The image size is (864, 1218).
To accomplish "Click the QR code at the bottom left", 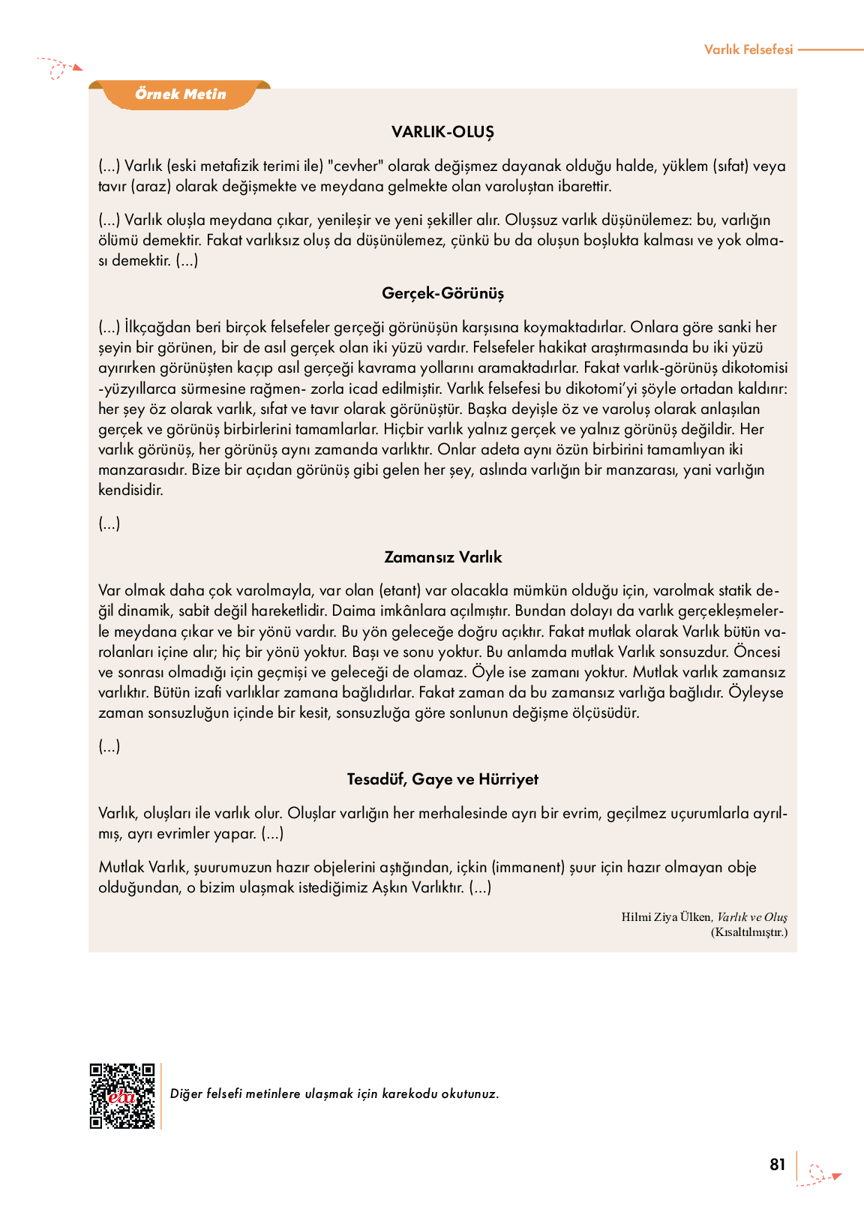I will coord(122,1095).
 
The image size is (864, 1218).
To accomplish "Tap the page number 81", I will coord(777,1165).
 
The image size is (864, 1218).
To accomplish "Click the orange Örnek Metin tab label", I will coord(181,94).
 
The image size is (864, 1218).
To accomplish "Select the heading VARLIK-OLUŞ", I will coord(442,132).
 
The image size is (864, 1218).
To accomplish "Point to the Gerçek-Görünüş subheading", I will coord(442,293).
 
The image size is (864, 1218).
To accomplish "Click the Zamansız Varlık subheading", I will coord(442,557).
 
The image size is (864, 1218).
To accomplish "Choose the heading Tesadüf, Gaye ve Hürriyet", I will coord(442,779).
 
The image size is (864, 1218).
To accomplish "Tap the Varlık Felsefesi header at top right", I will coord(748,49).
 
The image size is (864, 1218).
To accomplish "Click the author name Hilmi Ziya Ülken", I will coord(665,917).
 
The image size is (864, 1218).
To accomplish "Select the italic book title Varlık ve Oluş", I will coord(752,917).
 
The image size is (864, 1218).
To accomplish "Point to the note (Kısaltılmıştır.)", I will coord(748,932).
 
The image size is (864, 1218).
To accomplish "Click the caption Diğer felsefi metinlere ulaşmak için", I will coord(334,1094).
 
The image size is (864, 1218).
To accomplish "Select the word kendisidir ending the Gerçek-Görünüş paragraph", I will coord(130,490).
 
